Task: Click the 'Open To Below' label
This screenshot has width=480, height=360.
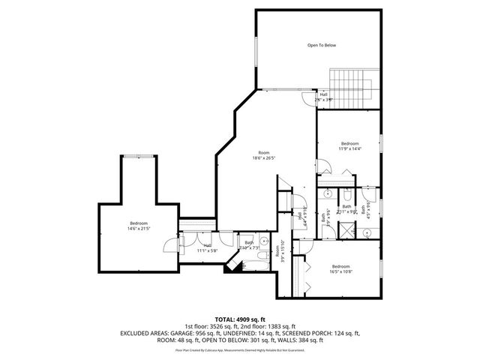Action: (x=321, y=46)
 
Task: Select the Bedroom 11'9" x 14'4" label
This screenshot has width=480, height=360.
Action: (x=350, y=145)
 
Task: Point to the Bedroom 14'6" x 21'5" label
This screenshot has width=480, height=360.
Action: (x=138, y=225)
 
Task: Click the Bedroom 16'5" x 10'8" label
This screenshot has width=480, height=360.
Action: (x=340, y=268)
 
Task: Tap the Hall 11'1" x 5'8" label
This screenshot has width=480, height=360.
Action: (x=207, y=247)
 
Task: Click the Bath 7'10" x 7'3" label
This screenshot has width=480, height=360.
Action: (x=249, y=245)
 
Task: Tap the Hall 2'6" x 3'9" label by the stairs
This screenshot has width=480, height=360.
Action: (x=323, y=96)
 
